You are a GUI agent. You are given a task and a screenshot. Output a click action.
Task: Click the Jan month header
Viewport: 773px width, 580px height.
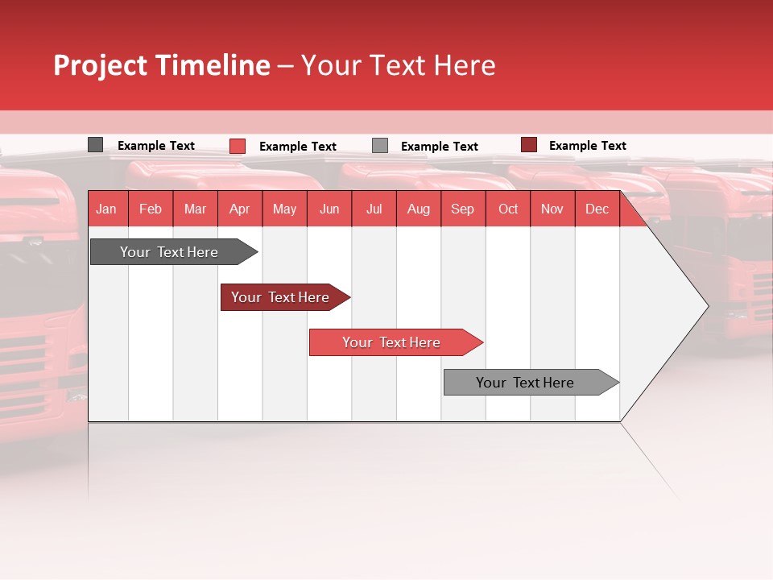pyautogui.click(x=106, y=209)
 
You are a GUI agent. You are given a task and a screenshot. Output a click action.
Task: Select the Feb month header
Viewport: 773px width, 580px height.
pyautogui.click(x=151, y=209)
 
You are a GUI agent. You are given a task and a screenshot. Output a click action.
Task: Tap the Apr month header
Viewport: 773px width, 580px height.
pyautogui.click(x=239, y=209)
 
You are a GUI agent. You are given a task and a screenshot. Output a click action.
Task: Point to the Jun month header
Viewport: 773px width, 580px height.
pyautogui.click(x=329, y=209)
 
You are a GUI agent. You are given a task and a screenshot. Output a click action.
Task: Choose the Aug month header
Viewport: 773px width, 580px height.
pyautogui.click(x=418, y=209)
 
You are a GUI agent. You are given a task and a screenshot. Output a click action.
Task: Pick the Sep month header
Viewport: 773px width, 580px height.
pyautogui.click(x=462, y=209)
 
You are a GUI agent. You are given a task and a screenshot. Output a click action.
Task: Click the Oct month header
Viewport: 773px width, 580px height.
pyautogui.click(x=508, y=209)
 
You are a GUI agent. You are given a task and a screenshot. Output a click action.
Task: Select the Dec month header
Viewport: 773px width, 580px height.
pyautogui.click(x=597, y=209)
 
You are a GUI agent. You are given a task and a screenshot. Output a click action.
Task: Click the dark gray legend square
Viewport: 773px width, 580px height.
pyautogui.click(x=95, y=145)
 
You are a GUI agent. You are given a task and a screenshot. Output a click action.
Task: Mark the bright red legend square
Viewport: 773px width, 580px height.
pyautogui.click(x=238, y=146)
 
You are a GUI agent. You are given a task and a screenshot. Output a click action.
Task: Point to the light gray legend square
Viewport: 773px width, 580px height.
pyautogui.click(x=380, y=146)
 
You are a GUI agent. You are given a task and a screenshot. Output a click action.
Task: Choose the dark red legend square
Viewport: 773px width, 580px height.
pyautogui.click(x=528, y=145)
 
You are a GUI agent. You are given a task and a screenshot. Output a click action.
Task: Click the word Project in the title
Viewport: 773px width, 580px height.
pyautogui.click(x=101, y=65)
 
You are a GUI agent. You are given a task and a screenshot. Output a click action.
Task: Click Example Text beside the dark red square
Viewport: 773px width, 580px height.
pyautogui.click(x=587, y=146)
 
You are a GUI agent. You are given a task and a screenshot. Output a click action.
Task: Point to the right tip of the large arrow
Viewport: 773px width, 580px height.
pyautogui.click(x=706, y=305)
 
